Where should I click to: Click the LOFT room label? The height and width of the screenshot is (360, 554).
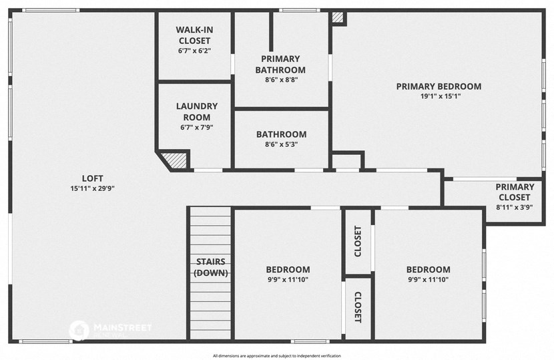(x=92, y=178)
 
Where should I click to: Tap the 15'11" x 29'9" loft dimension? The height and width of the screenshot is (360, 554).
(x=92, y=188)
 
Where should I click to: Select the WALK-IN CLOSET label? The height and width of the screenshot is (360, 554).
(x=194, y=35)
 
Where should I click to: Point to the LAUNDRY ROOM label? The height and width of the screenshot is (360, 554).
(x=196, y=112)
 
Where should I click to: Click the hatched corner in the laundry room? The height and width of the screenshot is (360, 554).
(x=176, y=160)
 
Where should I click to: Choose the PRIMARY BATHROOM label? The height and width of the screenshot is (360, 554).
(x=280, y=64)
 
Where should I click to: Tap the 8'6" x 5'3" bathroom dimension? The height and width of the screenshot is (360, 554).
(x=281, y=144)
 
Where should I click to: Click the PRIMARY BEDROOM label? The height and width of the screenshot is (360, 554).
(x=439, y=86)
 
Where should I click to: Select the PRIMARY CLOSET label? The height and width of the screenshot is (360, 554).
(x=515, y=192)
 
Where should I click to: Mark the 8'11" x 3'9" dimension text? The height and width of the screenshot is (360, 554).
(x=515, y=208)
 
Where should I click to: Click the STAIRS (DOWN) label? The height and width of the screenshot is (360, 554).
(x=211, y=267)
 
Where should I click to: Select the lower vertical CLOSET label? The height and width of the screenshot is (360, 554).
(x=358, y=307)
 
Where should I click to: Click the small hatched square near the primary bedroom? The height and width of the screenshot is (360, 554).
(x=338, y=18)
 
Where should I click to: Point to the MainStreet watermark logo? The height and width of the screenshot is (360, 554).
(x=79, y=329)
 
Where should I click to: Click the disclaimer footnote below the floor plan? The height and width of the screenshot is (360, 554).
(x=277, y=355)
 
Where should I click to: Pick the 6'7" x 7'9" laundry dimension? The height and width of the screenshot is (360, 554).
(x=196, y=127)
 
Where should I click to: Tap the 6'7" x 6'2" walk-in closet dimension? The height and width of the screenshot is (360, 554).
(x=194, y=51)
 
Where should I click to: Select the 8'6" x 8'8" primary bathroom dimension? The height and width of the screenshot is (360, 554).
(x=280, y=79)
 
